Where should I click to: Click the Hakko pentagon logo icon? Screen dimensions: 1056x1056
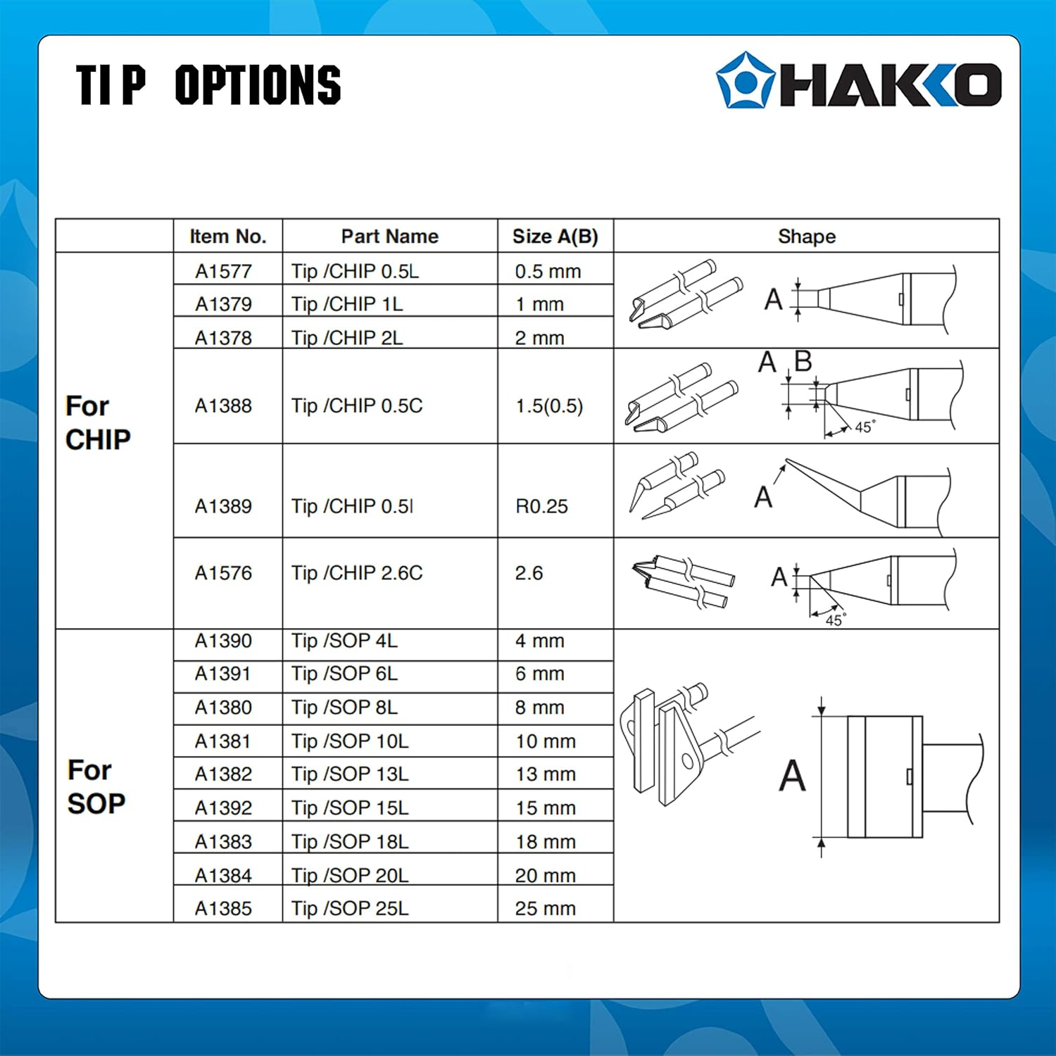[x=745, y=80]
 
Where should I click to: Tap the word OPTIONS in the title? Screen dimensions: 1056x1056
[x=258, y=85]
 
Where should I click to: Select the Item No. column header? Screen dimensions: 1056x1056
[x=227, y=237]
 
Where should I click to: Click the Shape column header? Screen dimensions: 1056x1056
[x=806, y=237]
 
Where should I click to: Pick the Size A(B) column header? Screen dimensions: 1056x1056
[x=555, y=237]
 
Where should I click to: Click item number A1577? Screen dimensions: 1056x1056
[x=223, y=271]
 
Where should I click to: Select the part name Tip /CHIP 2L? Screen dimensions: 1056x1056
[x=347, y=338]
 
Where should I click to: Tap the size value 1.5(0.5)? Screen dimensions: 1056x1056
[x=549, y=406]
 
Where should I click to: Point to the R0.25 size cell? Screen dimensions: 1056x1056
[x=541, y=506]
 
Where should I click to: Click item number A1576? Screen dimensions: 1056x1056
[x=223, y=573]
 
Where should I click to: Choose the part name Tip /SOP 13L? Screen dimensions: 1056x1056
[x=350, y=774]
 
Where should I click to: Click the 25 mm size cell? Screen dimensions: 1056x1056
[x=545, y=908]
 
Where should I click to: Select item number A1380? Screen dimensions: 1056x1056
[x=223, y=708]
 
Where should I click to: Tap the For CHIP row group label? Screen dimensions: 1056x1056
[x=98, y=422]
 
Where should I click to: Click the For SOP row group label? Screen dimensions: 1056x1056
[x=96, y=786]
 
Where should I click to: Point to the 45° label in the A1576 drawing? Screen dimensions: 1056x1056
[x=835, y=620]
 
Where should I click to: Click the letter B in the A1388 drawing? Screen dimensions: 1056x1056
[x=803, y=362]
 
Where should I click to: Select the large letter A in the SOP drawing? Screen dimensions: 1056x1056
[x=792, y=775]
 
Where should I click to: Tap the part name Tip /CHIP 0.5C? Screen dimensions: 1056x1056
[x=357, y=406]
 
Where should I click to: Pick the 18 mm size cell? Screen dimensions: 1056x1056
[x=545, y=841]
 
